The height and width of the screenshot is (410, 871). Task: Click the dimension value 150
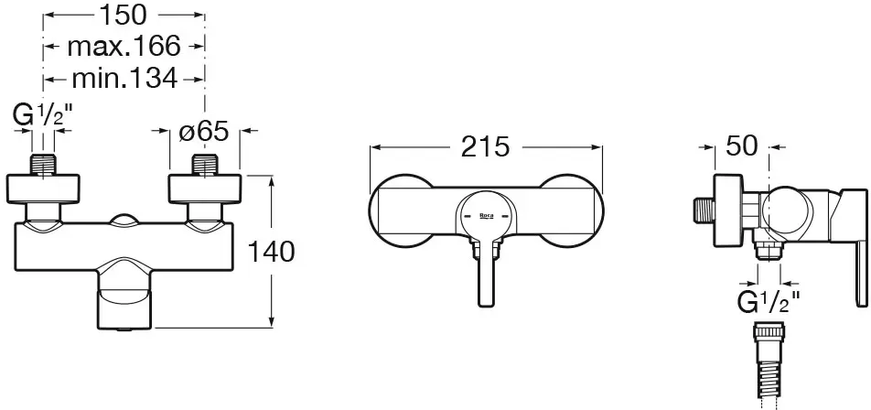(x=123, y=15)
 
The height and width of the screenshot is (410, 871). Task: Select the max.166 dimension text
(x=124, y=46)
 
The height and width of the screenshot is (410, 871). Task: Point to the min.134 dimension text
(x=124, y=79)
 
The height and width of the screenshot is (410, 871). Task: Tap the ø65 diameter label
(x=204, y=132)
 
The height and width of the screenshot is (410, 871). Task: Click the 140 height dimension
(x=271, y=253)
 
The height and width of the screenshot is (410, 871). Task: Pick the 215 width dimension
(x=485, y=146)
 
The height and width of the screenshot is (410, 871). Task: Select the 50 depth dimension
(x=742, y=146)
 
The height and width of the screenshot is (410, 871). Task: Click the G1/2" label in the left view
(x=43, y=116)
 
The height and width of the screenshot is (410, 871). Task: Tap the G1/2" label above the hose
(x=769, y=302)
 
